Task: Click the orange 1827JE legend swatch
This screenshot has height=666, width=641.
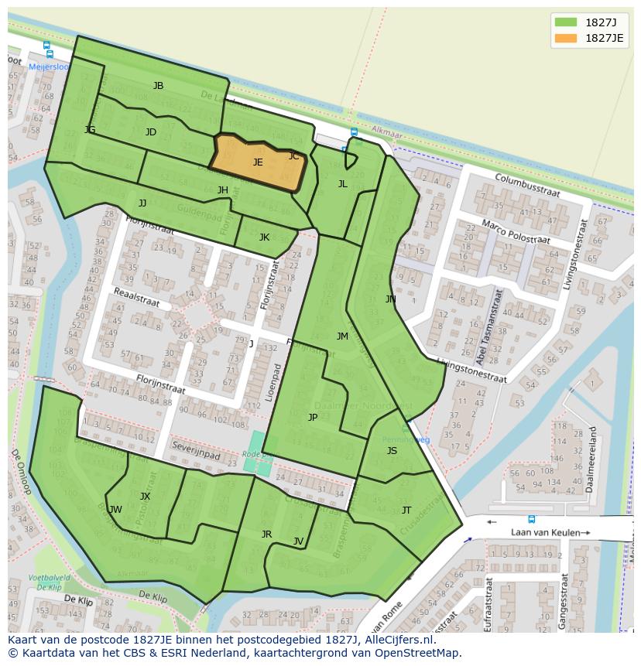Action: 567,38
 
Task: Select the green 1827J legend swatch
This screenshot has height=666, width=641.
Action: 567,22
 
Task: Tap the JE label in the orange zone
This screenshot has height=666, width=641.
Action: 258,162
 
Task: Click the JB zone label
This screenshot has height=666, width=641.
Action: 158,86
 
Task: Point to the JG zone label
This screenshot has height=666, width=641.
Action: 90,130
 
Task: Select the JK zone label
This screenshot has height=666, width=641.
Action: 264,237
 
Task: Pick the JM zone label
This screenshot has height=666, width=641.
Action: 342,336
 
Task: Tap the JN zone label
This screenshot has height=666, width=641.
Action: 390,299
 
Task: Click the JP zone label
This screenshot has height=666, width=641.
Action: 313,417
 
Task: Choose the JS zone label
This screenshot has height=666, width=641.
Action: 392,451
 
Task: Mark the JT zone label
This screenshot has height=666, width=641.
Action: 406,510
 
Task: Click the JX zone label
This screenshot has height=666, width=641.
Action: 145,496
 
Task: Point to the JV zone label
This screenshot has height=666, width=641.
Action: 298,541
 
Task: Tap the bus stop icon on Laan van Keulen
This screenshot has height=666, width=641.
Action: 531,519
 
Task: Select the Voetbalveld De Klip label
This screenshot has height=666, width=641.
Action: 49,582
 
